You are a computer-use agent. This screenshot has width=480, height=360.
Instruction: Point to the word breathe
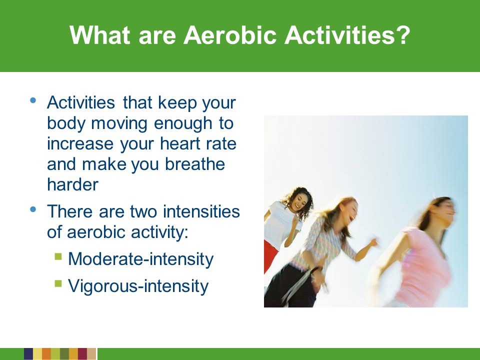(x=195, y=164)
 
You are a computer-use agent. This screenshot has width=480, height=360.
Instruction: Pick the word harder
(x=72, y=184)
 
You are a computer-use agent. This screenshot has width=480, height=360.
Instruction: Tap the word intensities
(x=201, y=211)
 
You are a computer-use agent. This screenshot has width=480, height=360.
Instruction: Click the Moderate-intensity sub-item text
(x=140, y=259)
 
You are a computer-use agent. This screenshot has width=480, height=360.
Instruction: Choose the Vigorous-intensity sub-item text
(x=138, y=286)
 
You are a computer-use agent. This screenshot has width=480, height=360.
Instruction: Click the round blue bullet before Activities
(x=33, y=100)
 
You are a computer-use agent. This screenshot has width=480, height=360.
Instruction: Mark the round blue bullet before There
(x=33, y=209)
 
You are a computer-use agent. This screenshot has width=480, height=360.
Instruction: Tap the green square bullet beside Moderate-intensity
(x=58, y=256)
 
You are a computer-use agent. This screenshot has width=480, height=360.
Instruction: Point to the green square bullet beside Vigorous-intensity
(x=58, y=283)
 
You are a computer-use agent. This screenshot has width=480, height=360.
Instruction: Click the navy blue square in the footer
(x=28, y=353)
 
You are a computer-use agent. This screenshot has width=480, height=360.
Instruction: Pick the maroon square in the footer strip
(x=82, y=353)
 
